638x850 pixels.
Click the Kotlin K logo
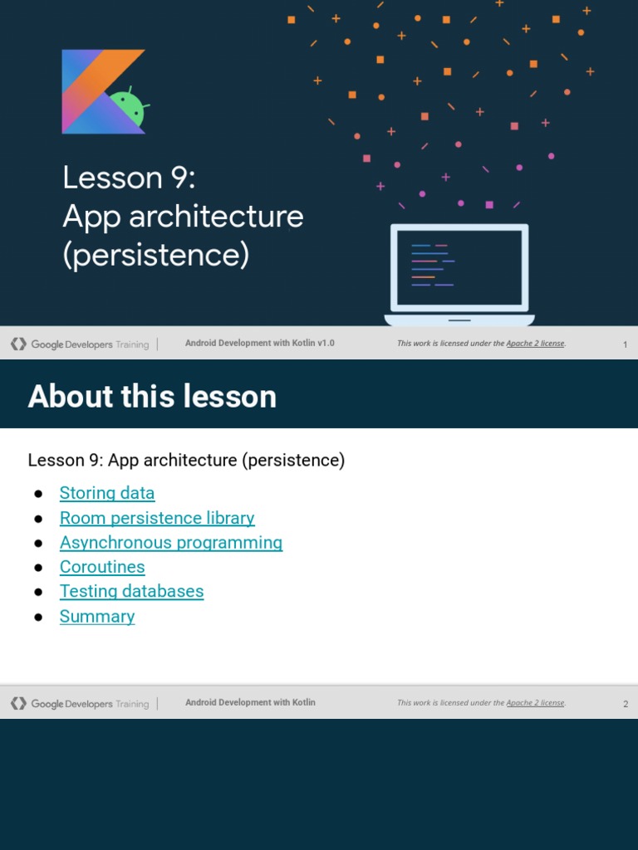(x=98, y=91)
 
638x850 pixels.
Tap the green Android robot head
(x=129, y=108)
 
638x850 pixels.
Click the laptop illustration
(x=459, y=275)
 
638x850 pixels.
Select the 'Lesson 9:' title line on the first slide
(x=129, y=178)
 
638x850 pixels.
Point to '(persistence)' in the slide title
(x=155, y=255)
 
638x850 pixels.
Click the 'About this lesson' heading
(x=152, y=396)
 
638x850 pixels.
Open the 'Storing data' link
(x=107, y=493)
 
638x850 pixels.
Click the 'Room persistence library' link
(x=157, y=518)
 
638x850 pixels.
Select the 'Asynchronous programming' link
(x=171, y=542)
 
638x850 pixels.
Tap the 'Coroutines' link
(x=102, y=567)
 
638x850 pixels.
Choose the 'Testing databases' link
(x=131, y=591)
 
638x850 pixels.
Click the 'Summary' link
(x=97, y=616)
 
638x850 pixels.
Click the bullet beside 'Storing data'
(x=38, y=494)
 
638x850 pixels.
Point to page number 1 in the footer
(x=625, y=344)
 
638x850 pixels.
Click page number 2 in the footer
(x=626, y=704)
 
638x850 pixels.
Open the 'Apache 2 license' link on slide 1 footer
(x=535, y=344)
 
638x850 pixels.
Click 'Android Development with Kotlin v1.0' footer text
(x=259, y=343)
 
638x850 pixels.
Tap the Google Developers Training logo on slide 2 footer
(x=80, y=704)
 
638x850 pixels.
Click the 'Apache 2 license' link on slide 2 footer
(x=535, y=703)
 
